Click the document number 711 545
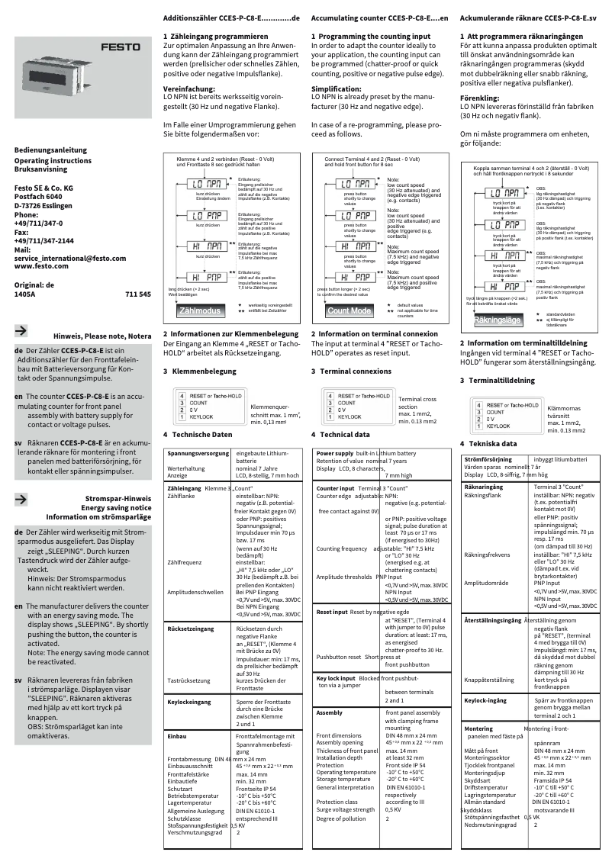137,293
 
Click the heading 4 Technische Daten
197,434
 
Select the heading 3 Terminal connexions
351,371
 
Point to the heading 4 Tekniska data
488,443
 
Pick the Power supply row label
334,453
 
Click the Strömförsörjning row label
489,460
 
